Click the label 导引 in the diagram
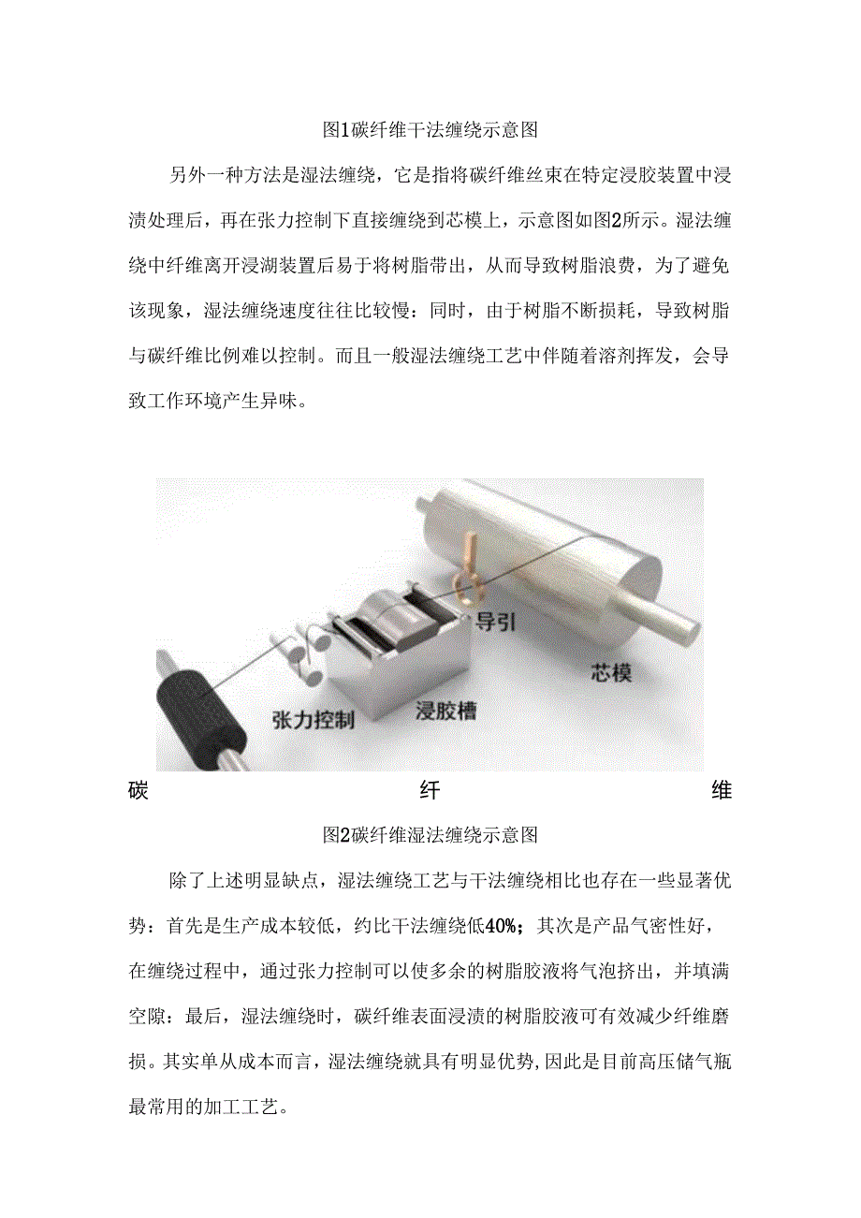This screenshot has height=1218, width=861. [x=495, y=622]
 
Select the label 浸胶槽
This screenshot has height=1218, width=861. [x=445, y=712]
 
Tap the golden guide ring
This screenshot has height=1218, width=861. [x=465, y=581]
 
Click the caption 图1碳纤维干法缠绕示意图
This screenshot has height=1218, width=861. [x=430, y=130]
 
